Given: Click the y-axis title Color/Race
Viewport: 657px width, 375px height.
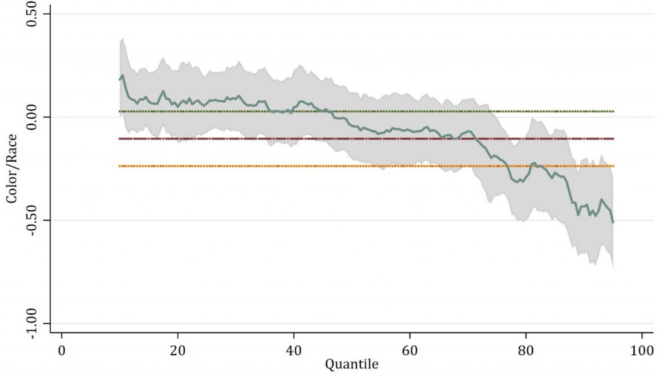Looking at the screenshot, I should (12, 169).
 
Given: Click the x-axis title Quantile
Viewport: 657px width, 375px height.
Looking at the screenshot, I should (352, 365).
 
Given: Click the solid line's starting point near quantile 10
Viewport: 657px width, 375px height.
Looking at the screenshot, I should (119, 80).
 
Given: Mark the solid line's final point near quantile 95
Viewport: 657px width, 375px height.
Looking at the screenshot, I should (613, 222).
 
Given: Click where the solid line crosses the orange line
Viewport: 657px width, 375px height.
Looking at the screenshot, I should (507, 166).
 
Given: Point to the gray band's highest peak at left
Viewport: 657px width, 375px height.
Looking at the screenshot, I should (122, 39).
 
